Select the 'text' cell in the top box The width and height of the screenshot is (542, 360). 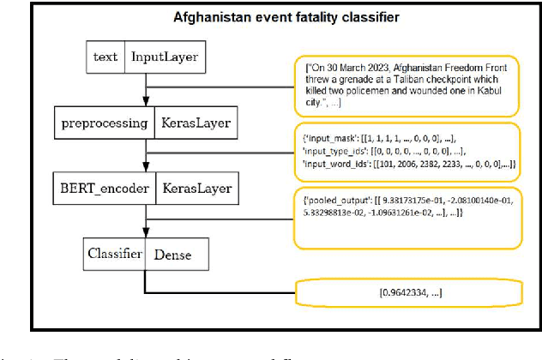(x=105, y=57)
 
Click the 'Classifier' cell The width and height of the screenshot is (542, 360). (x=107, y=254)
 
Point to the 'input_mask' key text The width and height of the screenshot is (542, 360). (x=329, y=138)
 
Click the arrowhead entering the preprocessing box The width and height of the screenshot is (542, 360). (x=145, y=102)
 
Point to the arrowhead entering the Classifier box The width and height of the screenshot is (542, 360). (x=145, y=236)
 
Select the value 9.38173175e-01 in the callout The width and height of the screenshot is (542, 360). (x=419, y=200)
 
